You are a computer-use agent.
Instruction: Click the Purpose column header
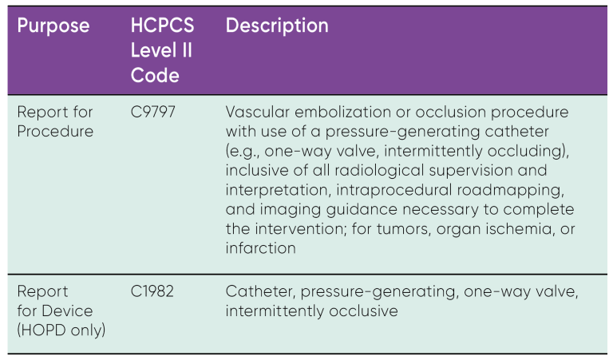[x=53, y=26]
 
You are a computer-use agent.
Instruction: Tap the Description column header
[x=277, y=26]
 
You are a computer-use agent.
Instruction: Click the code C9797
[x=153, y=112]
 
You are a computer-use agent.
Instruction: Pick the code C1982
[x=152, y=292]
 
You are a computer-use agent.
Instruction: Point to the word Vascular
[x=255, y=112]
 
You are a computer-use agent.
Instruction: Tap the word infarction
[x=260, y=248]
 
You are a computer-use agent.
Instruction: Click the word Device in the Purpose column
[x=66, y=311]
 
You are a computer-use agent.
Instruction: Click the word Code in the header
[x=155, y=76]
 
